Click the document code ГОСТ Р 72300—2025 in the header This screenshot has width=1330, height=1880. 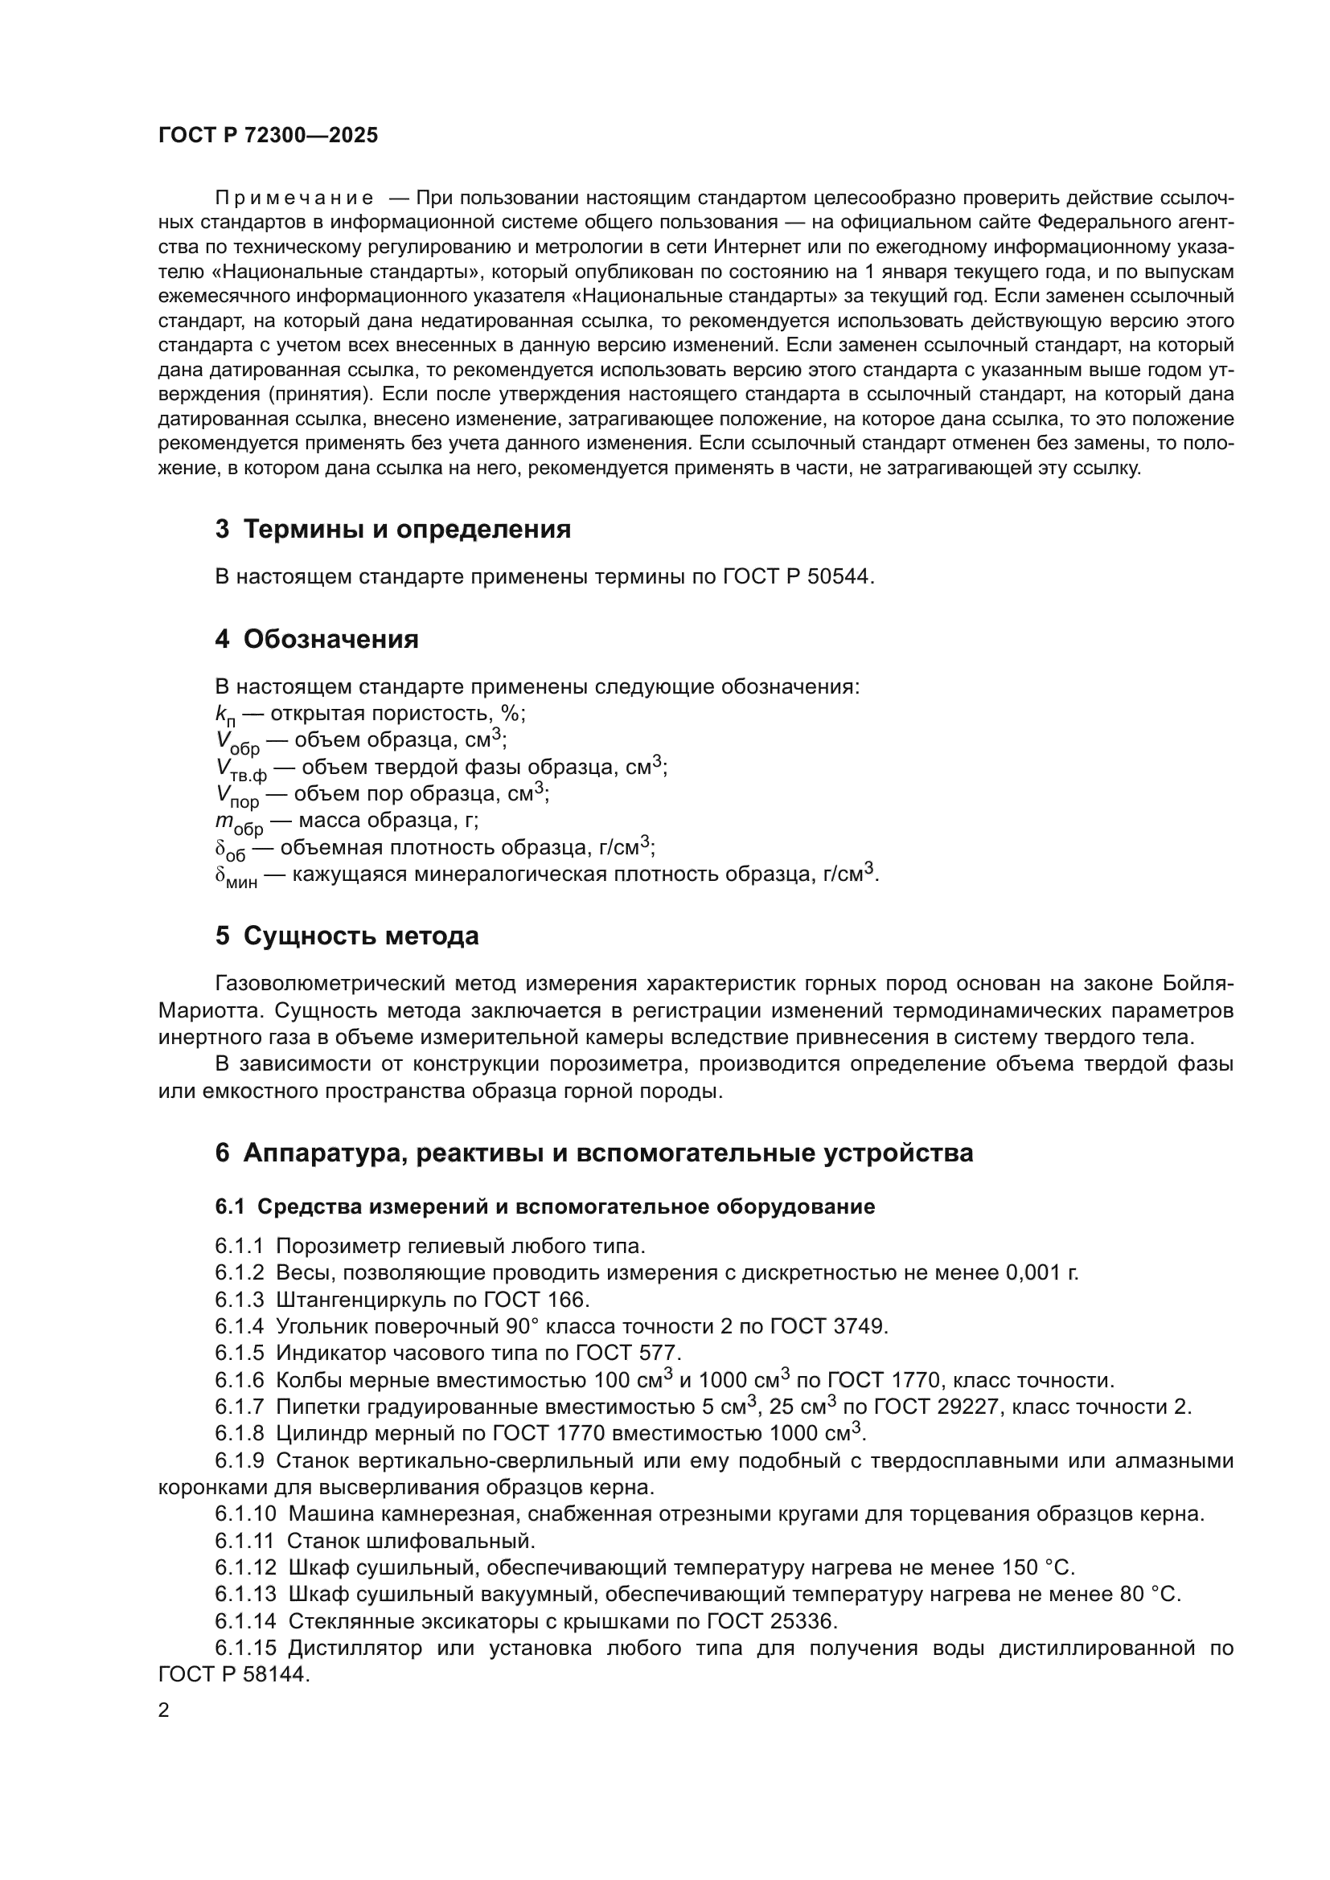[x=268, y=136]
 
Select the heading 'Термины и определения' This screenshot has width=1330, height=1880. [x=407, y=530]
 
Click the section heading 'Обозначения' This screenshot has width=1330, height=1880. [x=330, y=639]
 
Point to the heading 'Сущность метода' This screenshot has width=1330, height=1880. [x=361, y=936]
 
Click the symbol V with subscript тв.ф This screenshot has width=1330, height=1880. [x=240, y=769]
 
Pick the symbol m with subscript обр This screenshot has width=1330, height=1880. [x=238, y=822]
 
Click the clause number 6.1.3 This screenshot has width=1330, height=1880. [x=240, y=1300]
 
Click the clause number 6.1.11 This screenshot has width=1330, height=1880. [x=244, y=1541]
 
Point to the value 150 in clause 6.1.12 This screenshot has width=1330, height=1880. [x=1020, y=1567]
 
